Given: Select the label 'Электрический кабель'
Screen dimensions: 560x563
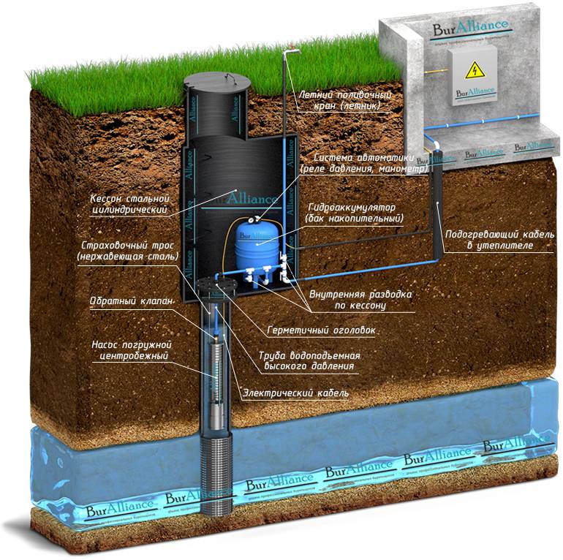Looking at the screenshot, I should (x=295, y=393).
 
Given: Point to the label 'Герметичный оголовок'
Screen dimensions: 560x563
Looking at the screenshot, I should (x=321, y=330).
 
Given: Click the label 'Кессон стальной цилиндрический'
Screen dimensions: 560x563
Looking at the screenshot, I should (x=129, y=204).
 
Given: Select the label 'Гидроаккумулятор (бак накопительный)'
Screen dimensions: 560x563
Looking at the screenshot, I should (x=356, y=213).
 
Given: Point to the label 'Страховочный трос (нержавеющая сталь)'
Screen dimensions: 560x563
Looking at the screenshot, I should (x=126, y=251).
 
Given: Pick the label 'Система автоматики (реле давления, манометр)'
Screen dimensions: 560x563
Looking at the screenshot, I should (x=358, y=163).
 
